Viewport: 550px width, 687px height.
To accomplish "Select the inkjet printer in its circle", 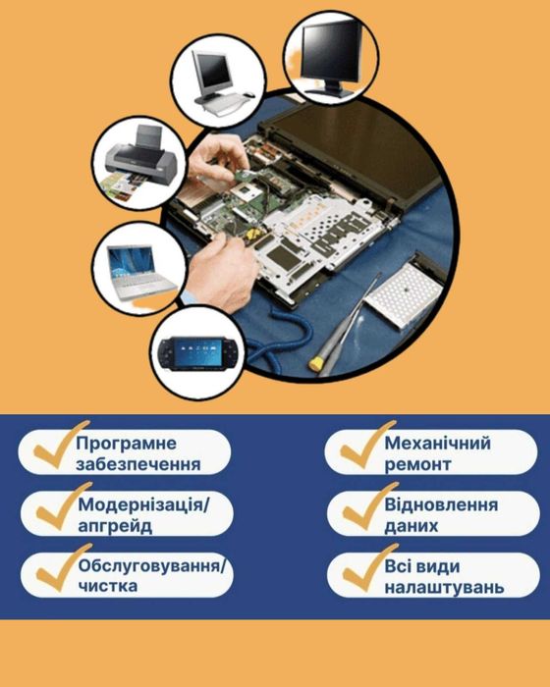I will (139, 159).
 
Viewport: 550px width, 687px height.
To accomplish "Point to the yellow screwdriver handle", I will (318, 361).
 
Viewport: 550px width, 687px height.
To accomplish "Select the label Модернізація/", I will (142, 505).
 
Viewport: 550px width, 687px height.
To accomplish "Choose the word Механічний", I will (438, 444).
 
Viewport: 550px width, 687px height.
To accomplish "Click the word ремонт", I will (418, 465).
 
